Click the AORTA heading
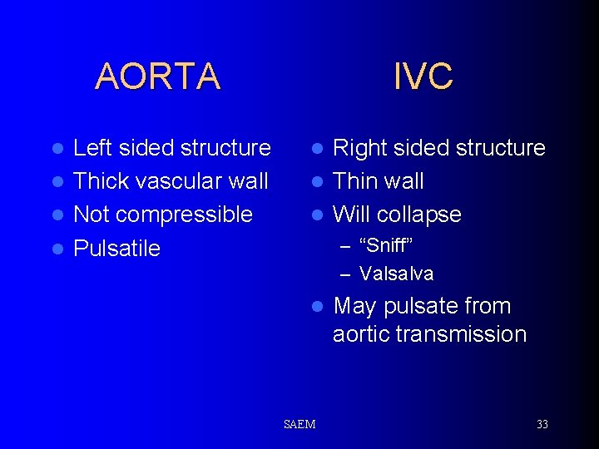157,76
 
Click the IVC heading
423,76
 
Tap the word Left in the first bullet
93,148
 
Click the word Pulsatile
116,249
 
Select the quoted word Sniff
386,246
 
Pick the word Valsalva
397,274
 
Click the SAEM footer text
299,425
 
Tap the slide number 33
542,425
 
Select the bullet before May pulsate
316,307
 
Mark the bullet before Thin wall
316,182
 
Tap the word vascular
173,181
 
